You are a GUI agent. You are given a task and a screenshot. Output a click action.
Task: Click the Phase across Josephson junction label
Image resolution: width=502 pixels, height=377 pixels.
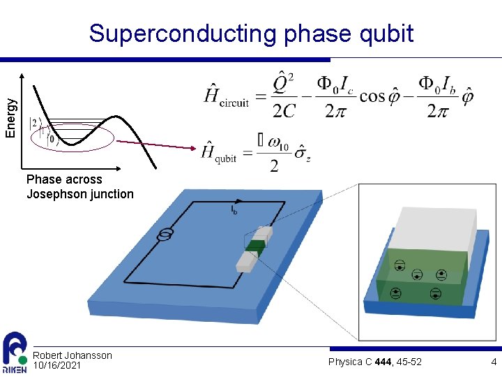point(79,186)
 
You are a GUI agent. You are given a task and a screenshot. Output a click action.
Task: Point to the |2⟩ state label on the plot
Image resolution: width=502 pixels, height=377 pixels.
point(34,123)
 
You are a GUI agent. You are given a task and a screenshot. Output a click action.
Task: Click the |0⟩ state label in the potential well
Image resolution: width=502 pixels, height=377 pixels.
point(51,138)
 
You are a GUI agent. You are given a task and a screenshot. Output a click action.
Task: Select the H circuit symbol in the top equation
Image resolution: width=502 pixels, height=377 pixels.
point(225,96)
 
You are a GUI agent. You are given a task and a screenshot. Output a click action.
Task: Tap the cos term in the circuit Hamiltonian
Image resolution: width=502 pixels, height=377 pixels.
point(372,96)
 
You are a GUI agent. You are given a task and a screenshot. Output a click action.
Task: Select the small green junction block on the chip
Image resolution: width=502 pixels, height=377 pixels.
point(256,246)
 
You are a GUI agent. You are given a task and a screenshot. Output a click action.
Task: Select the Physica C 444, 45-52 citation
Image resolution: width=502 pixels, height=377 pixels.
point(374,361)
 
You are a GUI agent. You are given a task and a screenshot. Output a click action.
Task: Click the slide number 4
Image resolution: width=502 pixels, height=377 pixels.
point(493,362)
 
